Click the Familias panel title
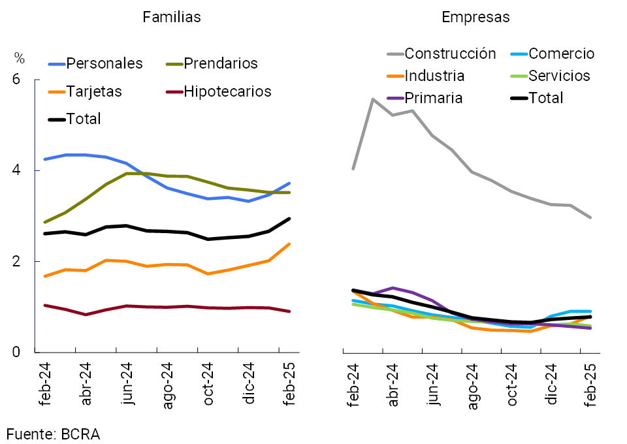pyautogui.click(x=172, y=18)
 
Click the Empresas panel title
pyautogui.click(x=475, y=18)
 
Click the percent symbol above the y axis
pyautogui.click(x=20, y=59)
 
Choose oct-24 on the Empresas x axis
pyautogui.click(x=511, y=388)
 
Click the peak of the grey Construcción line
pyautogui.click(x=372, y=99)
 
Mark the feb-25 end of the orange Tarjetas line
pyautogui.click(x=289, y=244)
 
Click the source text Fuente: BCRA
pyautogui.click(x=54, y=434)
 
